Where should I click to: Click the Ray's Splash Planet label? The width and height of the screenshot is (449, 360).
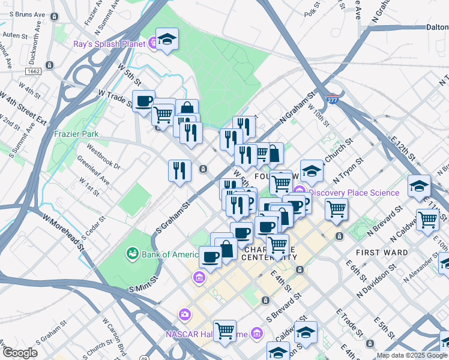coord(109,44)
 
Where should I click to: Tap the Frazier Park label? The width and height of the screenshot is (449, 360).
coord(75,134)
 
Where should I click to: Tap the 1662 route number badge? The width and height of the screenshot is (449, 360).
coord(34,71)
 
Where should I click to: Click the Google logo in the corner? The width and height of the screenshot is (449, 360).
coord(20,353)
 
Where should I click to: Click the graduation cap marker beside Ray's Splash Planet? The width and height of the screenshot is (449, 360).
coord(167,40)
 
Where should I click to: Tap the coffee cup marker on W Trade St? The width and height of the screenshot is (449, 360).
coord(143,101)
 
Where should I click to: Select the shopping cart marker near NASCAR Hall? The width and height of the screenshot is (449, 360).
coord(224,329)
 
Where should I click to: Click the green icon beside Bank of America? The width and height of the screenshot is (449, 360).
coord(132,254)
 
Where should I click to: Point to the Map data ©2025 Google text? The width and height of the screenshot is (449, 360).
coord(411,355)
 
